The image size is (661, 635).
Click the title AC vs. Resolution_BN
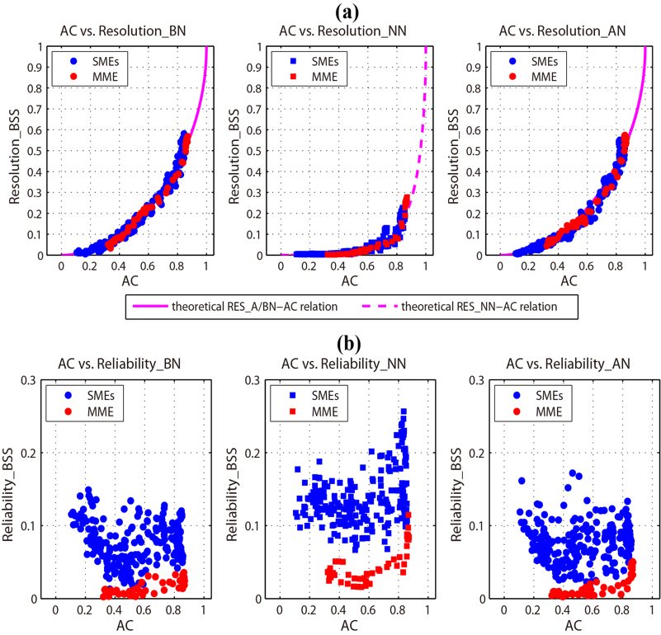[123, 31]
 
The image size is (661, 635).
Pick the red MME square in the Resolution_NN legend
[295, 77]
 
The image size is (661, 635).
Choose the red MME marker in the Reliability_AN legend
[517, 411]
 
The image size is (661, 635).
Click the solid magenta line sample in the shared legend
[149, 307]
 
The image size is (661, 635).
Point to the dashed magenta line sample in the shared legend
[380, 307]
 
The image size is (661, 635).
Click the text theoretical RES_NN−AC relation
[479, 307]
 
